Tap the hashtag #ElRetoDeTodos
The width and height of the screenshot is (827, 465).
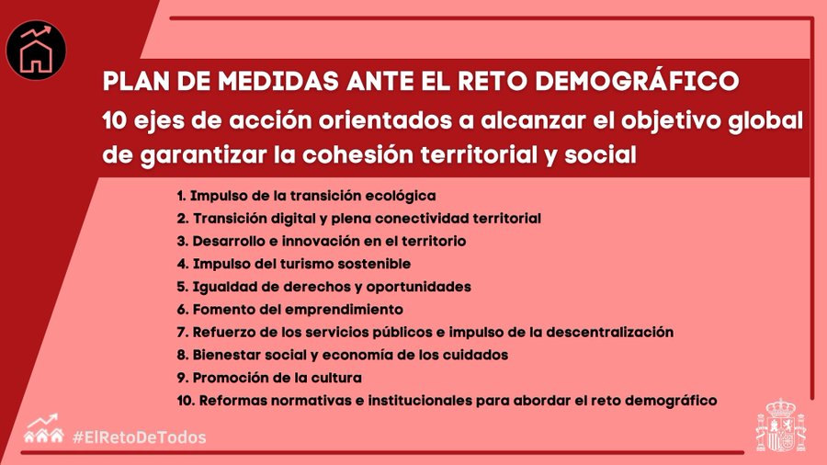pyautogui.click(x=140, y=437)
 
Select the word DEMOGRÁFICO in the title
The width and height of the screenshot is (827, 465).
pyautogui.click(x=637, y=81)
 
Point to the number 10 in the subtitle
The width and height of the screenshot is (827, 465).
pyautogui.click(x=115, y=120)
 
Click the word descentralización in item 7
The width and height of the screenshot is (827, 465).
pyautogui.click(x=610, y=332)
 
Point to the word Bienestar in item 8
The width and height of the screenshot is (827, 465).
pyautogui.click(x=226, y=355)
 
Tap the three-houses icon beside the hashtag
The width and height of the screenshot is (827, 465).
pyautogui.click(x=44, y=428)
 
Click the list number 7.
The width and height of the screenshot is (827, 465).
pyautogui.click(x=182, y=332)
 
